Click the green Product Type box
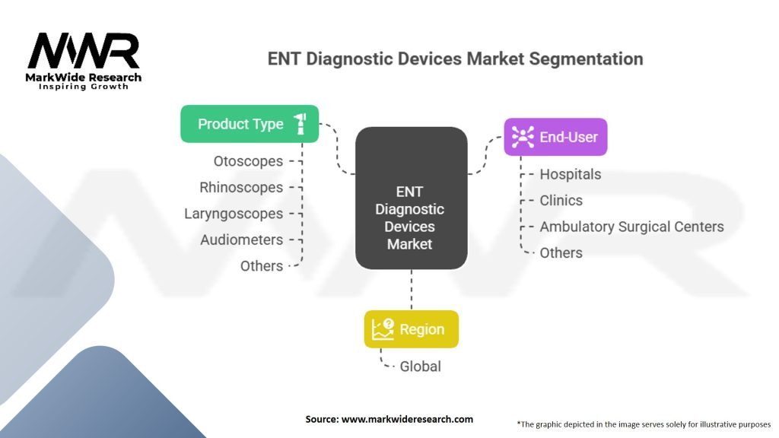click(x=250, y=124)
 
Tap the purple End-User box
click(x=555, y=137)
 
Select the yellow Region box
click(x=412, y=328)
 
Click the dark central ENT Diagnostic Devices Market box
click(x=412, y=198)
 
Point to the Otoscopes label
click(x=248, y=161)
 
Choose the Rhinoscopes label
click(x=241, y=187)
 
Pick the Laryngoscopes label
click(x=234, y=214)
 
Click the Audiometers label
click(x=241, y=240)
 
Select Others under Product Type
click(x=262, y=266)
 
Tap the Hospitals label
click(x=571, y=174)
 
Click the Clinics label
click(x=561, y=201)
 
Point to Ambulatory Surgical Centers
click(x=631, y=227)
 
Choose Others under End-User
click(x=561, y=252)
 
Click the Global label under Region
click(x=420, y=367)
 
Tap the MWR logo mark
click(x=84, y=51)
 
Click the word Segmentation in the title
click(x=586, y=59)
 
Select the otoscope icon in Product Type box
click(x=300, y=124)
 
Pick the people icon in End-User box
click(x=523, y=137)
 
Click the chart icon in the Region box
click(x=383, y=329)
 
